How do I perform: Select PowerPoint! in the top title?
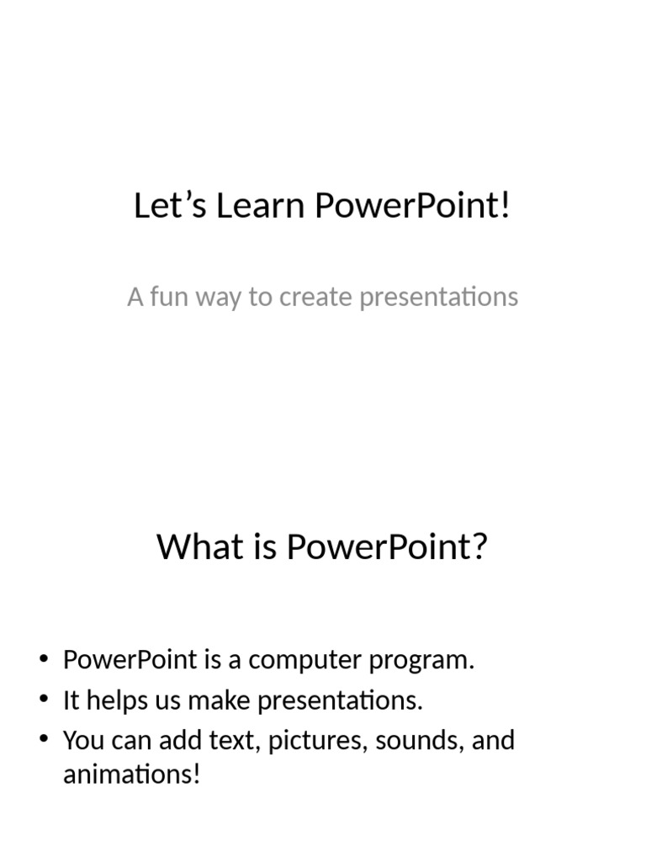(413, 207)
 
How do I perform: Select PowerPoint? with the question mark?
(387, 547)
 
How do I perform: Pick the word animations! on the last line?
(132, 774)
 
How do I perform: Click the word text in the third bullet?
(241, 742)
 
